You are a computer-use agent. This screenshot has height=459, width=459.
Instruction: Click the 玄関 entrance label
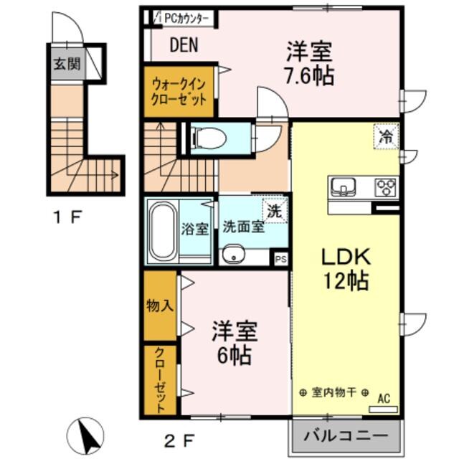click(65, 64)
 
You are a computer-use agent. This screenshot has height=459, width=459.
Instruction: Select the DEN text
click(184, 46)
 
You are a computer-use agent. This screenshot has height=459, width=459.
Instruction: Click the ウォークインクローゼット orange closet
click(180, 91)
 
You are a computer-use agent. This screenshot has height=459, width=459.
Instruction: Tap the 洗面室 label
click(242, 229)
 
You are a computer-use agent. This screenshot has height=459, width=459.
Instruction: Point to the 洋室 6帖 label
click(232, 344)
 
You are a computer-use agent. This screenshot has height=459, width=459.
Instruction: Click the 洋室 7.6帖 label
click(310, 63)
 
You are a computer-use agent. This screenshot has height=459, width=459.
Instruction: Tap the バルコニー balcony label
click(344, 435)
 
